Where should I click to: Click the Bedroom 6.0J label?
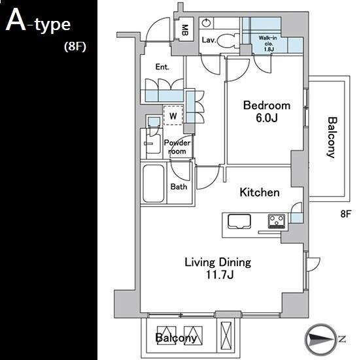coord(267,112)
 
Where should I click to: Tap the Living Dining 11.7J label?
coord(218,269)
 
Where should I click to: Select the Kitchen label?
coord(260,192)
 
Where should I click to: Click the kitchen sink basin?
coord(239,221)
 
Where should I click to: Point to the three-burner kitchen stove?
coord(277,221)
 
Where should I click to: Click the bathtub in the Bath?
coord(153,184)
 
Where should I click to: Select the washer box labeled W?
coord(173,115)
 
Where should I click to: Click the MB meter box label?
coord(184,30)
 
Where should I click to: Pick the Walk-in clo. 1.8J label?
coord(267,44)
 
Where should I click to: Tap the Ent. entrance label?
coord(162,67)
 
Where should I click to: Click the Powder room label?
coord(177,147)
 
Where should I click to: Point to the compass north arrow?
coord(320,339)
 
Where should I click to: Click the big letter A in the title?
coord(16,20)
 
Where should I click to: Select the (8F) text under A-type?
coord(75,46)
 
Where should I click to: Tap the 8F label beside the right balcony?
coord(345,214)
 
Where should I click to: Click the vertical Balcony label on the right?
coord(332,137)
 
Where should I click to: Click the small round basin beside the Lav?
coord(206,23)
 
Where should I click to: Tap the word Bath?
coord(179,187)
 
